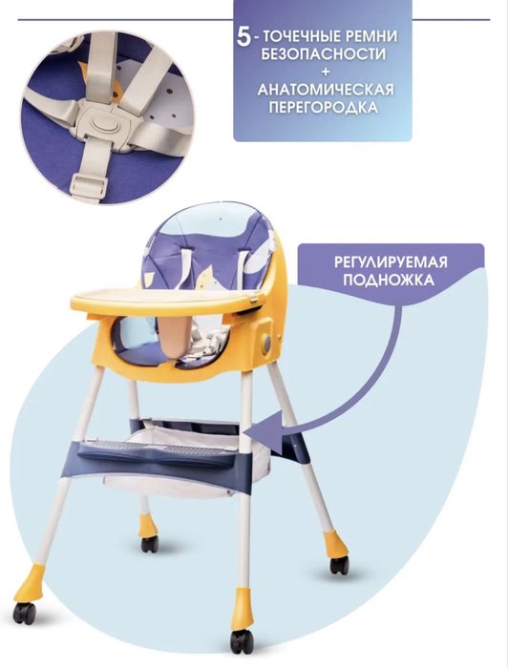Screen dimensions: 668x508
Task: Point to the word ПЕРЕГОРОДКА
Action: tap(323, 109)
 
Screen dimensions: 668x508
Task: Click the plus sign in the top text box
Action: tap(323, 72)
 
